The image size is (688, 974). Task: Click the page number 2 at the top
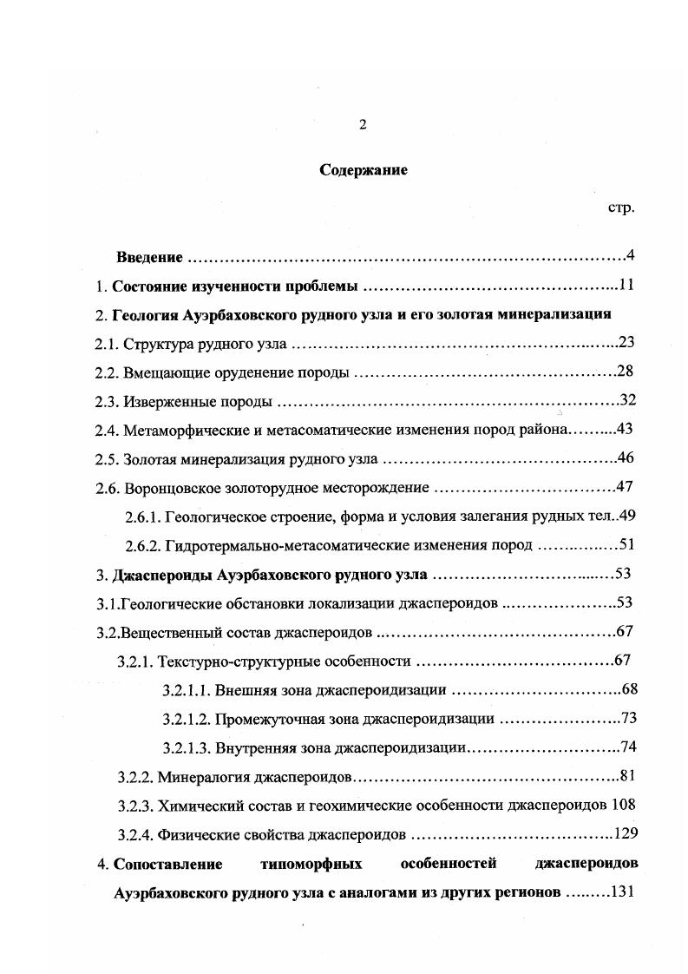point(363,125)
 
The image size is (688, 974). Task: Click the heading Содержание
point(364,170)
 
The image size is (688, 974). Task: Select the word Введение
point(149,257)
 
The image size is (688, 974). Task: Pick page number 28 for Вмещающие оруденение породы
point(626,372)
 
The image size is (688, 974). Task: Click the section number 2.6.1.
point(142,516)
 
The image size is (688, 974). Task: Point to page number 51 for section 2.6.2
point(627,544)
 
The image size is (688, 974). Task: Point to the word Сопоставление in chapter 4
point(167,864)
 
